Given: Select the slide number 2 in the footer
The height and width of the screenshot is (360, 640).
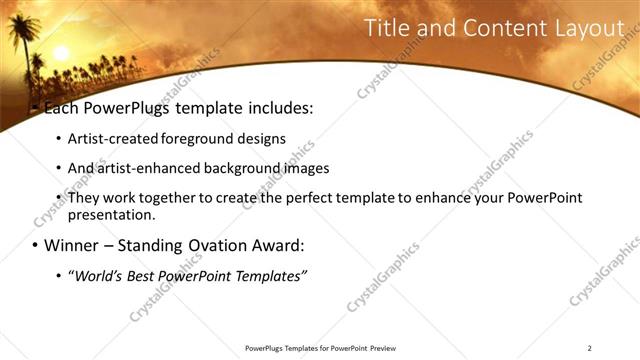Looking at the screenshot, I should coord(590,348).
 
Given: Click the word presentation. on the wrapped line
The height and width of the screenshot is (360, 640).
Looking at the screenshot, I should coord(112,214).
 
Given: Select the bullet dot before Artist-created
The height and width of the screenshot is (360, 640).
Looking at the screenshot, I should coord(58,139).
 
